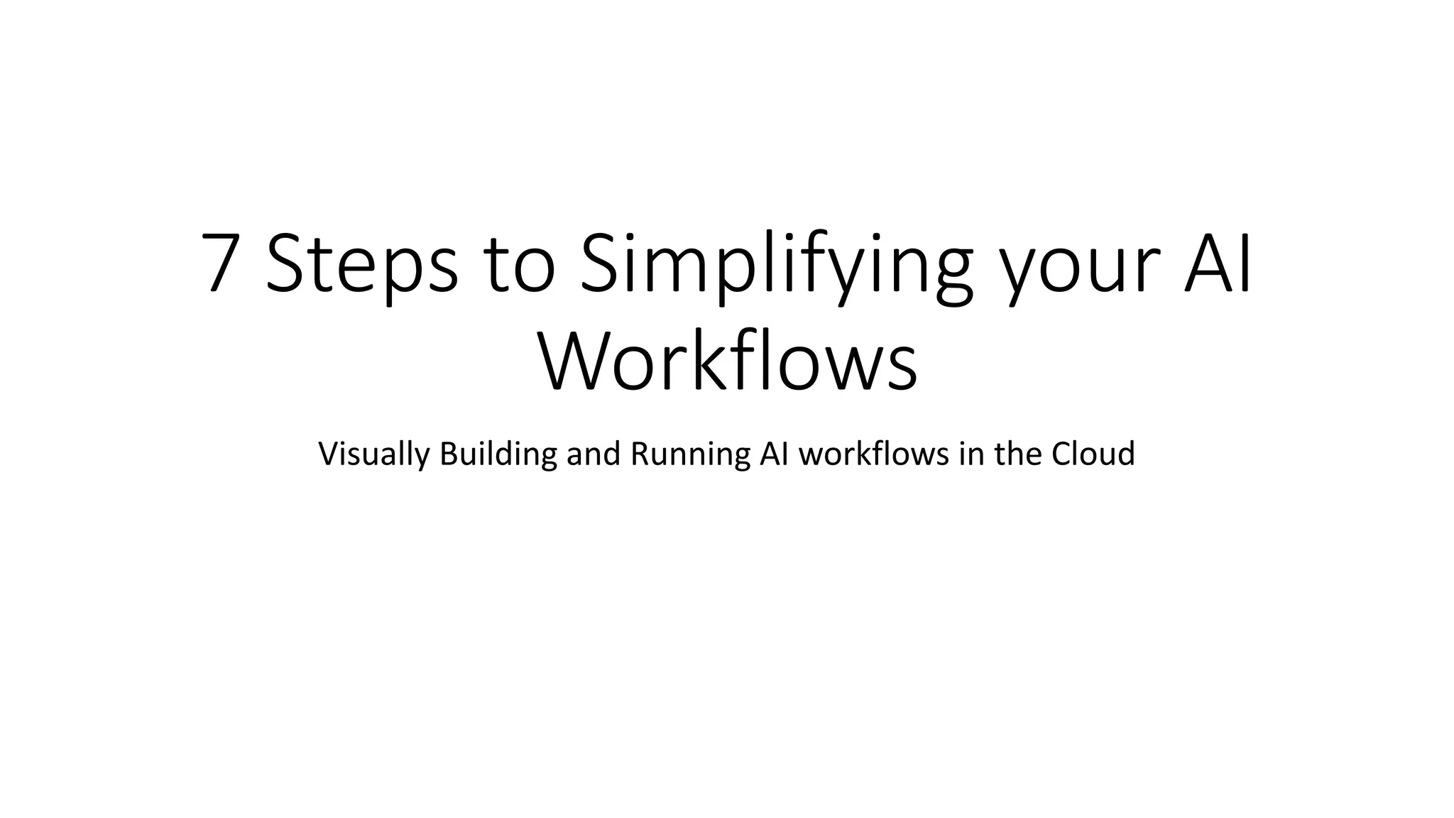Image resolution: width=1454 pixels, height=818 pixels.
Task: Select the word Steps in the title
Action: click(x=362, y=263)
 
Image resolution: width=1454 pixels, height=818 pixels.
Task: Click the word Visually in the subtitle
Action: click(x=373, y=454)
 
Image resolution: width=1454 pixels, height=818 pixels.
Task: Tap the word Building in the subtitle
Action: click(x=498, y=454)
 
